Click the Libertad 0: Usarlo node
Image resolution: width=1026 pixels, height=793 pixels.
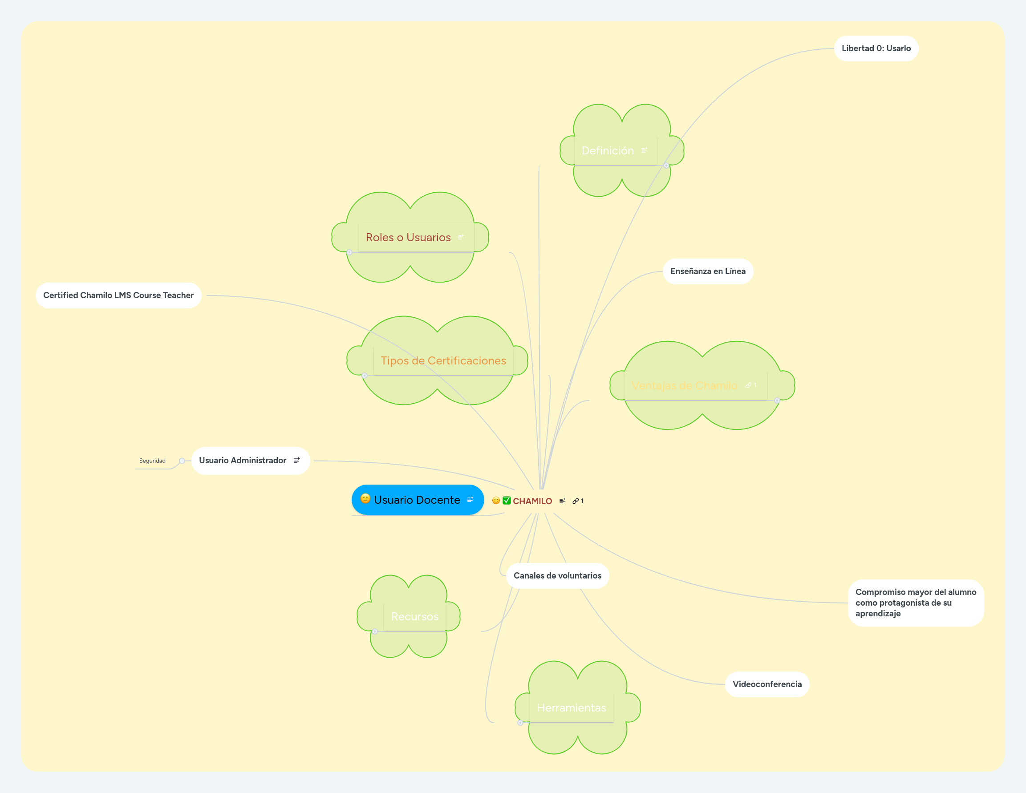876,49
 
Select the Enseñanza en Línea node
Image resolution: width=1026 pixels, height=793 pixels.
707,271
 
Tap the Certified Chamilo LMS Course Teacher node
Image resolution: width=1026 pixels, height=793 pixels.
118,295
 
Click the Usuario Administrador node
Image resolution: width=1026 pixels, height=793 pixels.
243,461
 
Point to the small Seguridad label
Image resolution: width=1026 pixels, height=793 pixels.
152,461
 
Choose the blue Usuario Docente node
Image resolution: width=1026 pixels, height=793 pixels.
417,500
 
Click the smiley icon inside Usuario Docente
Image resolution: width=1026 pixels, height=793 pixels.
365,498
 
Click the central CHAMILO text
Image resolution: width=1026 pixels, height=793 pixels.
532,501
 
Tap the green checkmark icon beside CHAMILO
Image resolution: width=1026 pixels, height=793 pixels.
507,501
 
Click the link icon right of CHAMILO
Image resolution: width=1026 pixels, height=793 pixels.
576,501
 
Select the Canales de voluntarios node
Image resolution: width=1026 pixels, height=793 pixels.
557,576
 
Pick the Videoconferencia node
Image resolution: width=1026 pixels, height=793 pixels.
766,684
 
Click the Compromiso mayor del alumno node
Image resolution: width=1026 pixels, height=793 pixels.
915,603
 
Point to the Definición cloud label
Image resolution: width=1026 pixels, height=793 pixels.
608,151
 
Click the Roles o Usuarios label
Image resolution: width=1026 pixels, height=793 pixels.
408,238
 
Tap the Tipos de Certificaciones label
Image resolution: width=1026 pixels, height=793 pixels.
443,361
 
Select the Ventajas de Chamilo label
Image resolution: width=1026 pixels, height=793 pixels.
684,386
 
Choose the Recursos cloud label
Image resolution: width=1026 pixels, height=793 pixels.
414,617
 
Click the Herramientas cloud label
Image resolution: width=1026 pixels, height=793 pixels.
571,708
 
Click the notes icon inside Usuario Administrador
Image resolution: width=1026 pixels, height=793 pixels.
296,461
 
